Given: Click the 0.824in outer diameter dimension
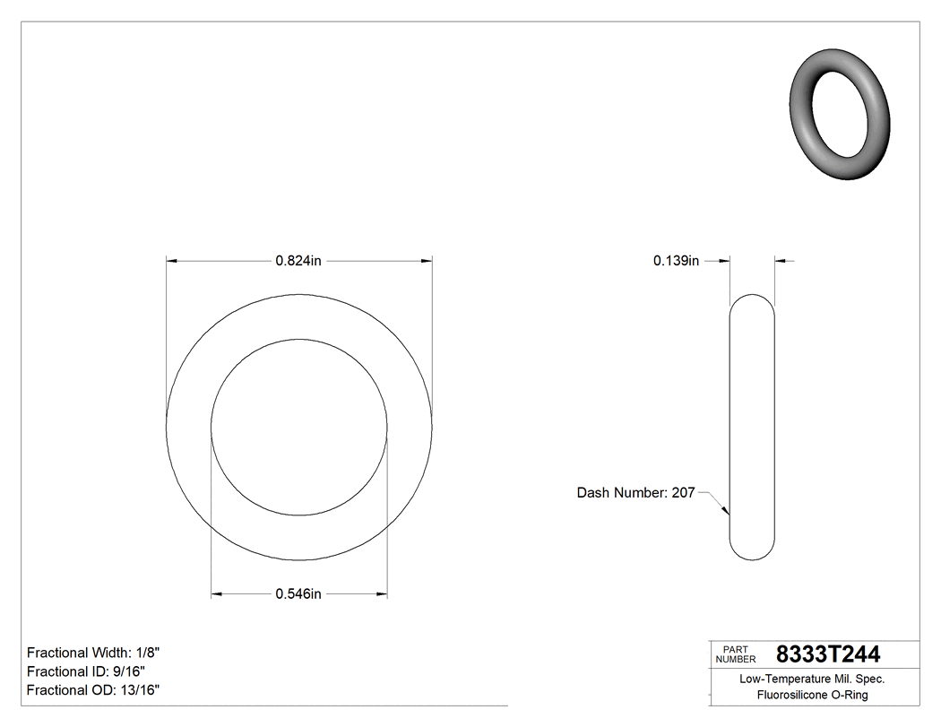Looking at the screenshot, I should [298, 261].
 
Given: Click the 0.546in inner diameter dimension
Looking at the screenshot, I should [298, 593].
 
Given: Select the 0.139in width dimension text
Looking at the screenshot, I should [676, 261].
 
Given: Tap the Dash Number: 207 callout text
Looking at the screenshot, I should [635, 493].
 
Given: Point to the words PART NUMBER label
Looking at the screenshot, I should [735, 654].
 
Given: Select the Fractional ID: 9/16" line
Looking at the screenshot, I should [86, 671].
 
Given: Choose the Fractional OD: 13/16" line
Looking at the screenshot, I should [93, 689].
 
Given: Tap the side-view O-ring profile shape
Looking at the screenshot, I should [752, 427].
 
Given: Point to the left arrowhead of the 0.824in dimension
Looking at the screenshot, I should [173, 261].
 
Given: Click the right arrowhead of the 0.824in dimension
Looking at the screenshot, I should [427, 261].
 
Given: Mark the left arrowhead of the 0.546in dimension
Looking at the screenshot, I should [216, 593].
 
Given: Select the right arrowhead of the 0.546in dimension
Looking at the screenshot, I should [382, 593].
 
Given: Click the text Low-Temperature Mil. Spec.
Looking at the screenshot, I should [812, 679].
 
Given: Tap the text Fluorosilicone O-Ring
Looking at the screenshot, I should [812, 695].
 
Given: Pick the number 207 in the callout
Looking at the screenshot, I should [683, 493].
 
